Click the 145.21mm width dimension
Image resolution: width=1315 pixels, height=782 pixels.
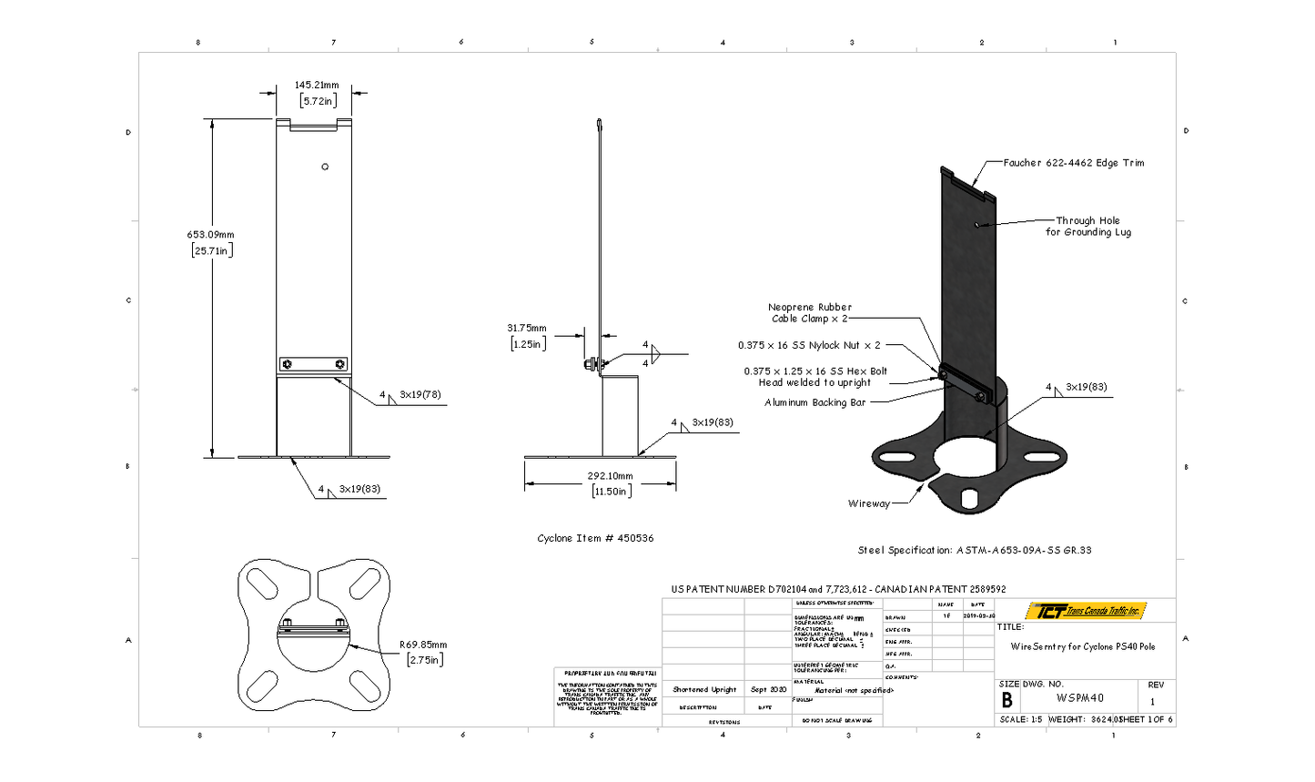pos(316,86)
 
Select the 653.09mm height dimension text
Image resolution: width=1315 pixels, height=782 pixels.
pos(211,236)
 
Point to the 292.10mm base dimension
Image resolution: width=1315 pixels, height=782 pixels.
pos(610,476)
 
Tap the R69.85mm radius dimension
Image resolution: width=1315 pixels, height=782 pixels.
pos(424,645)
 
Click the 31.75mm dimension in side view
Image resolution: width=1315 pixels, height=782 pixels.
pos(527,329)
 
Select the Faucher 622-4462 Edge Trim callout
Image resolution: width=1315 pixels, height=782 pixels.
pos(1074,163)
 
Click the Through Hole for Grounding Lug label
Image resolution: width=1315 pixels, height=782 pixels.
pos(1087,227)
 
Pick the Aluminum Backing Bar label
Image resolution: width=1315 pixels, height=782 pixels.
pos(815,402)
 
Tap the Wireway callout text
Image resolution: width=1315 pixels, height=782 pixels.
pos(869,503)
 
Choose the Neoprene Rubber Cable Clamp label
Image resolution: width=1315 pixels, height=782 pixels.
pos(810,313)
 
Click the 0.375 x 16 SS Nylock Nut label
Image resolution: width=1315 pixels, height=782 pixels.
pos(809,345)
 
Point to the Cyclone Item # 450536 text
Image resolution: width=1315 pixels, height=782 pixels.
pos(595,538)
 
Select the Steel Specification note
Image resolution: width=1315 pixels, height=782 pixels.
pos(975,550)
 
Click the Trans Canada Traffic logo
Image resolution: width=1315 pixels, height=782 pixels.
pos(1086,611)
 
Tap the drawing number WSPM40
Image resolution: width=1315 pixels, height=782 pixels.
pos(1080,698)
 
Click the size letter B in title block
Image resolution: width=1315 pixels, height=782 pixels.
pos(1006,700)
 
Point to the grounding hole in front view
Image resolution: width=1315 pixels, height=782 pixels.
pos(325,167)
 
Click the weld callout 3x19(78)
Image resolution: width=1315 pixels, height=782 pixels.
pos(420,395)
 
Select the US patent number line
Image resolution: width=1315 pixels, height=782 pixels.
pos(838,589)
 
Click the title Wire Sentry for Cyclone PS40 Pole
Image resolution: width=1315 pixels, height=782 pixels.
pos(1083,646)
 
